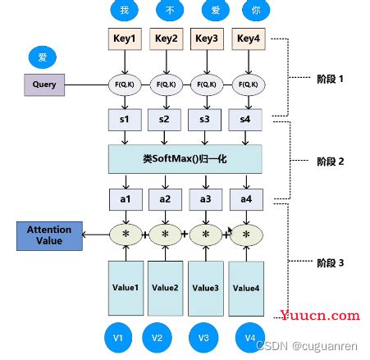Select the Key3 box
(x=207, y=38)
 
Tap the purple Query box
(x=43, y=84)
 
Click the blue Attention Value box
(x=49, y=235)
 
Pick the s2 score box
(x=165, y=121)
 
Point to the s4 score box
(x=245, y=121)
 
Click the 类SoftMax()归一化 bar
(x=185, y=157)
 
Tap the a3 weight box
(x=207, y=198)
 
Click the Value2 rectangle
(x=165, y=287)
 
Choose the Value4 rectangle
(x=245, y=287)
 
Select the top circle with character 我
(x=123, y=10)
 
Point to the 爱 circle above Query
(x=43, y=57)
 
